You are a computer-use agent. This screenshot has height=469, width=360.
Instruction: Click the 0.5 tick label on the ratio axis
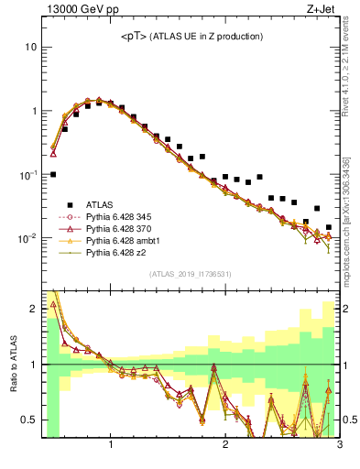point(27,420)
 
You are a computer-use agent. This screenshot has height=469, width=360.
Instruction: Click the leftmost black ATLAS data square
point(53,174)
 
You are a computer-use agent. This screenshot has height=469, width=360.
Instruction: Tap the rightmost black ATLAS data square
point(329,227)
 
